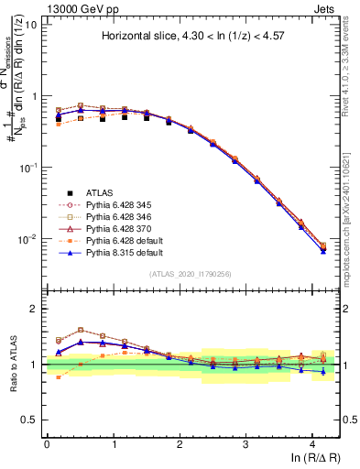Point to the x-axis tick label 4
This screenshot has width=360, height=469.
[312, 443]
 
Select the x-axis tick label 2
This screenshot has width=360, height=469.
[180, 443]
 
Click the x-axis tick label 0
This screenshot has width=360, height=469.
[47, 443]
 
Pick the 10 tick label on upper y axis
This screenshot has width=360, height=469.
[30, 24]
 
